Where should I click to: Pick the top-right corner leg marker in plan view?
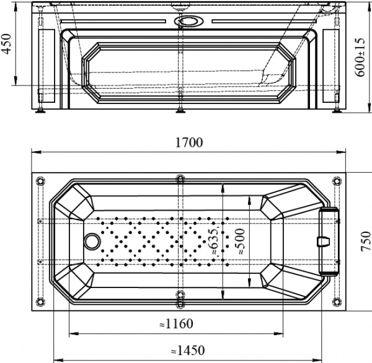337,181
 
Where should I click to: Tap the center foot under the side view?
180,112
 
